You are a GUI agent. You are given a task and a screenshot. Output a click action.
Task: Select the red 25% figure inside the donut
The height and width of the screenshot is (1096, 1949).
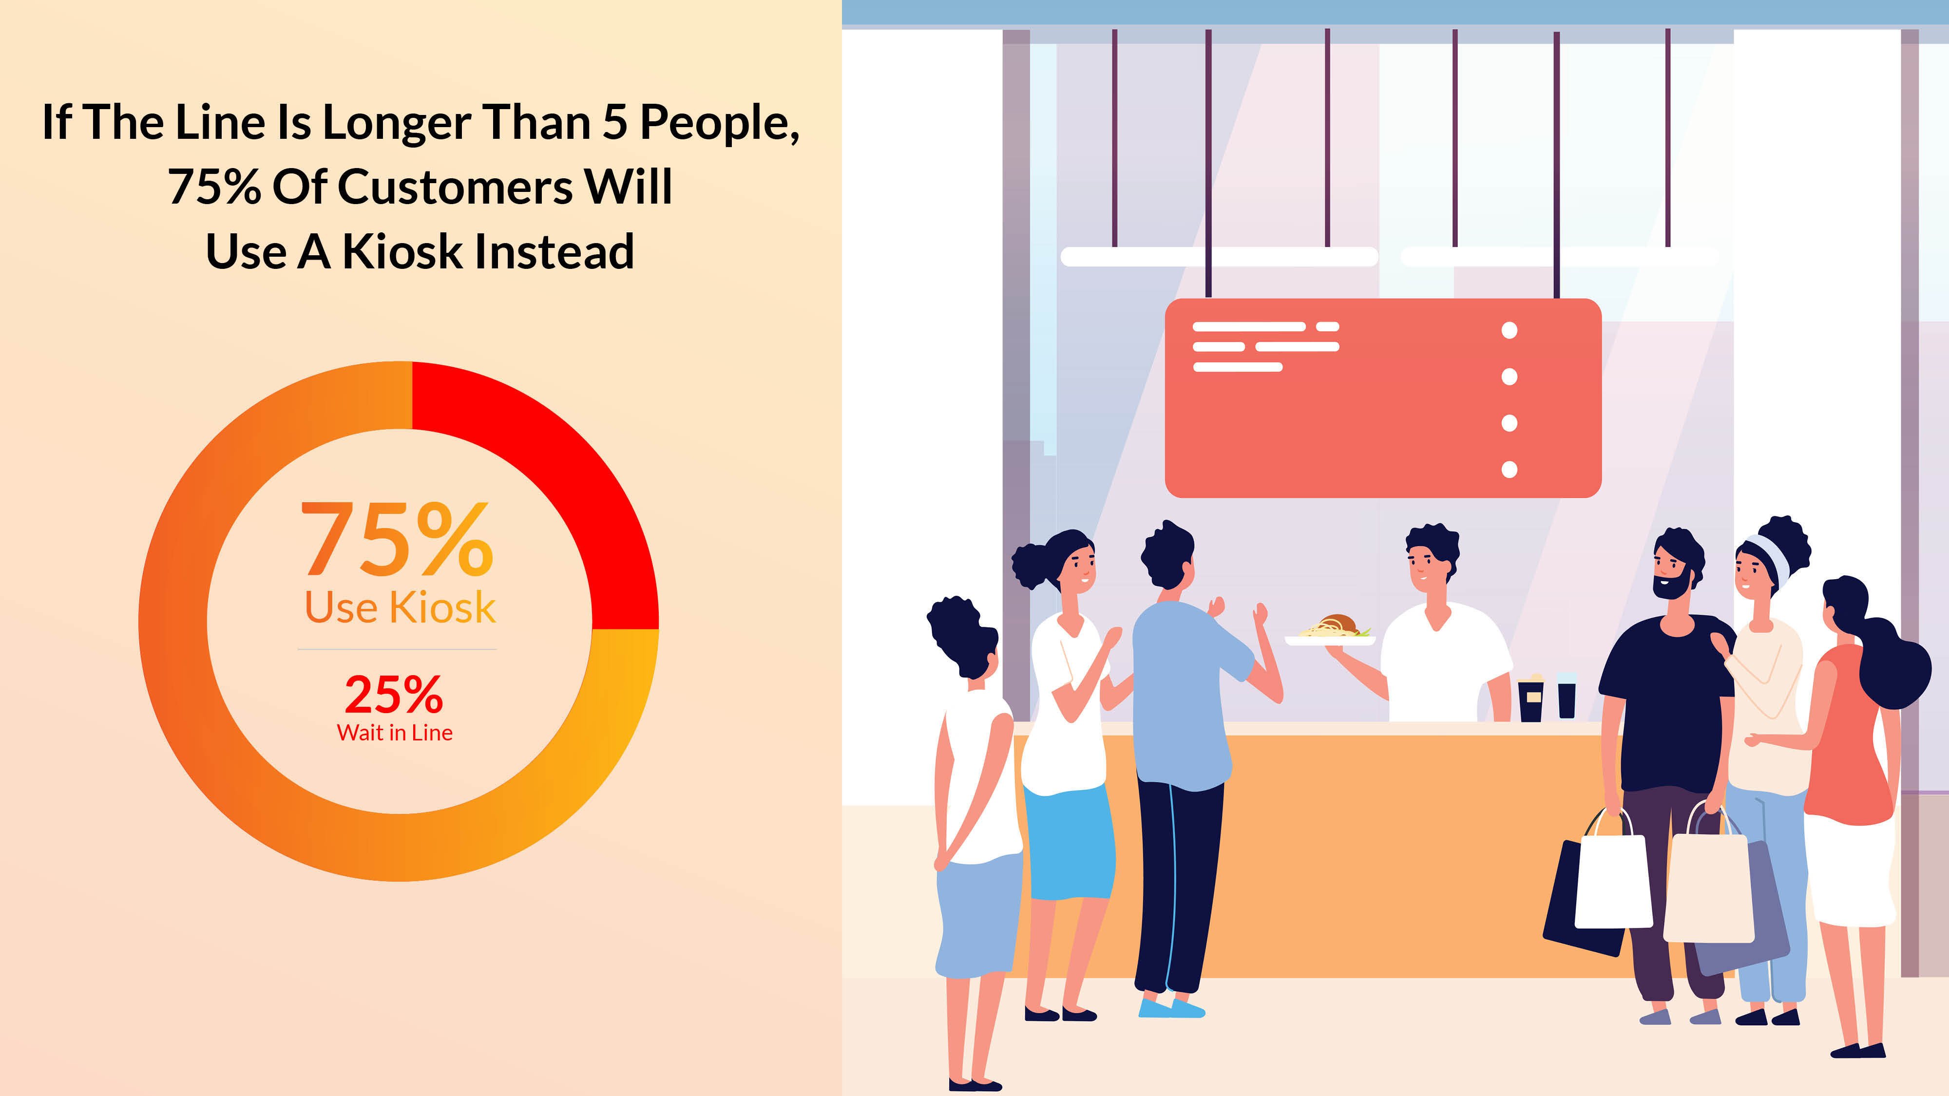393,694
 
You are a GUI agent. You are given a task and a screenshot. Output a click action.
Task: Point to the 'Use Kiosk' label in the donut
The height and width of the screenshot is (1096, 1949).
400,607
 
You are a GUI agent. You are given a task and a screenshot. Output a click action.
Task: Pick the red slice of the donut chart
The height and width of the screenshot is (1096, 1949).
560,484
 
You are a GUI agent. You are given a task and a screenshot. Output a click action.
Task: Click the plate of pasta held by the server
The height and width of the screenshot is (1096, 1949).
1330,632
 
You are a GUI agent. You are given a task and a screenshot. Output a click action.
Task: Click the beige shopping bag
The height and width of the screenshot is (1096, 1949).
1708,889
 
